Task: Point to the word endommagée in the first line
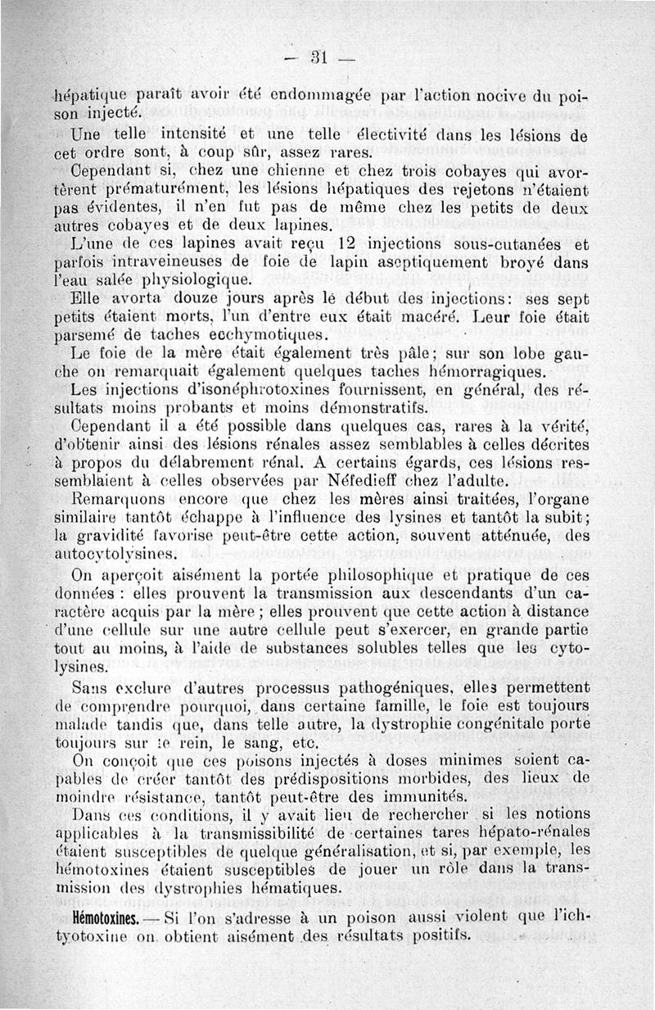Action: pyautogui.click(x=355, y=96)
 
